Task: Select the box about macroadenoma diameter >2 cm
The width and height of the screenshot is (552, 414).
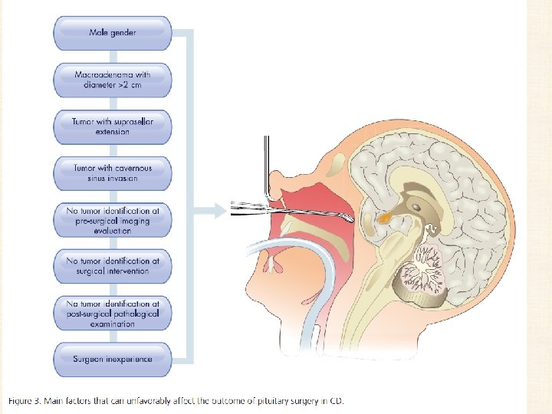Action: point(112,79)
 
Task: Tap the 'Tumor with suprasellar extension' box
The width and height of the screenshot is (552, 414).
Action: point(112,126)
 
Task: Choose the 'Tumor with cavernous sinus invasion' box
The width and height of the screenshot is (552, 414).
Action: point(112,172)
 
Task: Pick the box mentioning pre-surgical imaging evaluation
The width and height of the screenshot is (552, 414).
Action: point(112,219)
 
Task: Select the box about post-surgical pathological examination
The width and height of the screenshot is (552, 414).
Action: point(112,314)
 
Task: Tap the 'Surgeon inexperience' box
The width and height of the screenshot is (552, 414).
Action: point(112,358)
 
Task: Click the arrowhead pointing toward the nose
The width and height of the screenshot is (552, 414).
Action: point(209,208)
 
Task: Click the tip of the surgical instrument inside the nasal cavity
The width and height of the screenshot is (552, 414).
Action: point(350,219)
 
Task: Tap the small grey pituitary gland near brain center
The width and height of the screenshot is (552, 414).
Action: point(416,207)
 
